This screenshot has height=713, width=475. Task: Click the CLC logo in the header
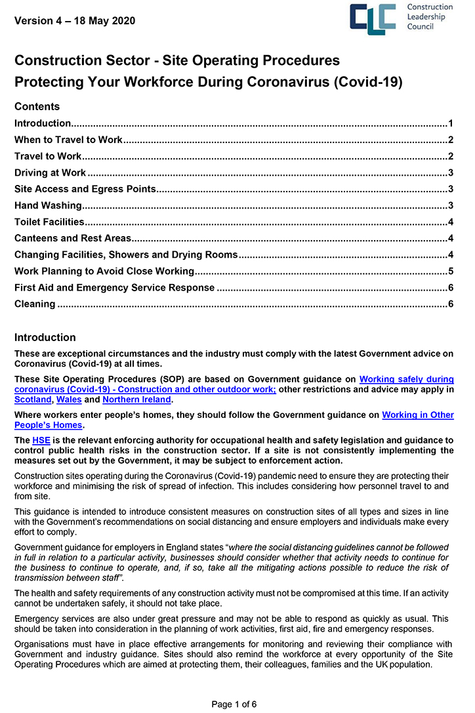point(373,19)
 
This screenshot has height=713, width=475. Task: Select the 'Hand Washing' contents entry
point(48,206)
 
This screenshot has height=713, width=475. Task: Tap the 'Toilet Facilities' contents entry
point(49,222)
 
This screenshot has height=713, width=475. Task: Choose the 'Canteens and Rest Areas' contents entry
point(73,239)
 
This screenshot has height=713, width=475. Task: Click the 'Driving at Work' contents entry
point(50,173)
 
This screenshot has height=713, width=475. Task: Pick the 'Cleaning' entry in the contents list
point(35,304)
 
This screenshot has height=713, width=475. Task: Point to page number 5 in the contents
point(451,272)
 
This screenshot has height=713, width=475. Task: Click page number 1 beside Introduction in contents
point(451,123)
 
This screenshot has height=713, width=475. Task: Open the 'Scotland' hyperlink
point(33,399)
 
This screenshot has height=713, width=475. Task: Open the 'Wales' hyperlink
point(69,399)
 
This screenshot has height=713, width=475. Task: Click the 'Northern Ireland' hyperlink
point(136,399)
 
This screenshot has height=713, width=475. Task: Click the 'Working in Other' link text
point(417,415)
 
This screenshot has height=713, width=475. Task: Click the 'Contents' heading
point(37,107)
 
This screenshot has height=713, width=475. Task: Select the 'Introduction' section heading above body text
point(45,338)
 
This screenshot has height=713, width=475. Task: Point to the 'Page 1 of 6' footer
point(234,704)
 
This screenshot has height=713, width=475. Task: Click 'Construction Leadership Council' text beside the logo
point(430,18)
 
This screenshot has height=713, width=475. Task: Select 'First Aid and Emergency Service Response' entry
point(114,288)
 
